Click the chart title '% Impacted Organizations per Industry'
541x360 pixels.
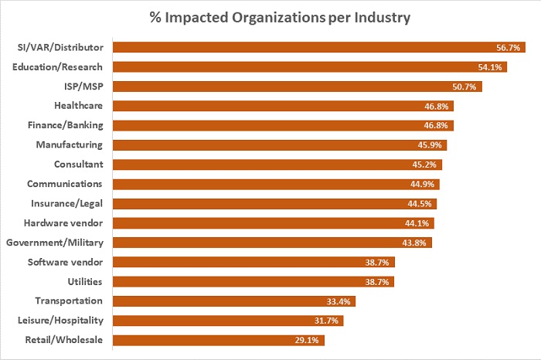click(x=270, y=17)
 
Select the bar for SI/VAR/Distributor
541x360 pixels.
click(x=309, y=47)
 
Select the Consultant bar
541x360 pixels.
click(x=263, y=165)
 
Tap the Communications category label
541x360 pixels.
click(x=64, y=184)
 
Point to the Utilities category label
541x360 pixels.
click(x=84, y=281)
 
